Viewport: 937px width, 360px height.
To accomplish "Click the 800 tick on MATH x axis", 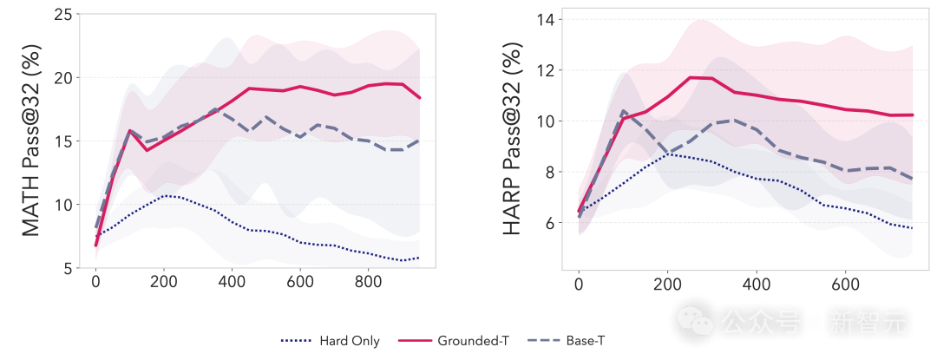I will pos(368,282).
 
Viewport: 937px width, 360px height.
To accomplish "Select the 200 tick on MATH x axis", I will pos(164,282).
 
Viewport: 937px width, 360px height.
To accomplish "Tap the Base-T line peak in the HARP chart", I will pos(600,111).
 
